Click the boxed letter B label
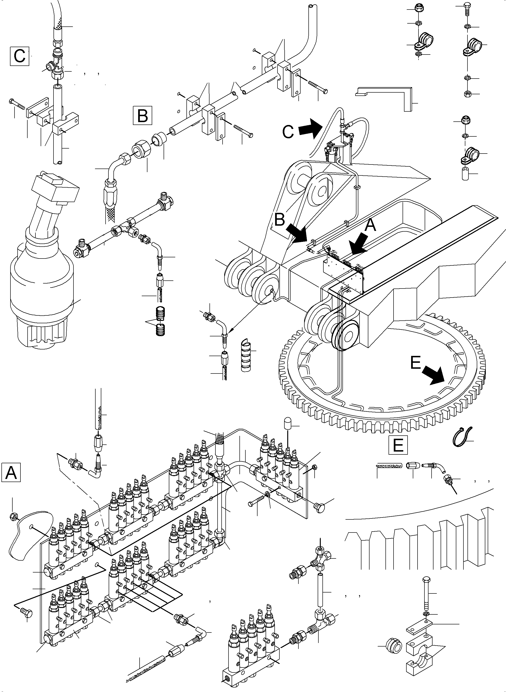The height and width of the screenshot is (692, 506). (x=142, y=115)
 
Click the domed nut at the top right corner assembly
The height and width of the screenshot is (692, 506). (x=418, y=7)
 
